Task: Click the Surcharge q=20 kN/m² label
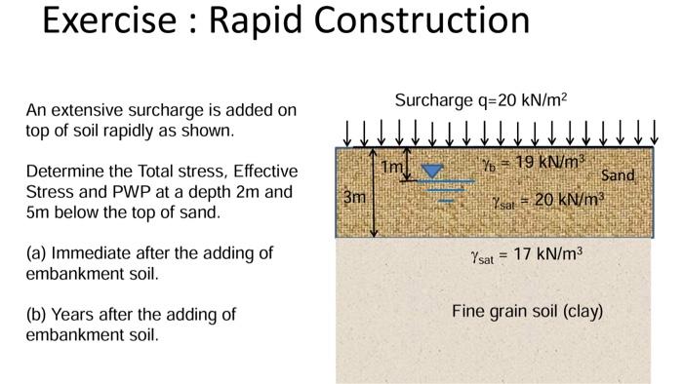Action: tap(481, 100)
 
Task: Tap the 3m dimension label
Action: tap(355, 196)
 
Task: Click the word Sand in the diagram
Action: tap(618, 175)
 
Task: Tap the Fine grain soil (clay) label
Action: tap(527, 312)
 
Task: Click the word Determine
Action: tap(65, 172)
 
